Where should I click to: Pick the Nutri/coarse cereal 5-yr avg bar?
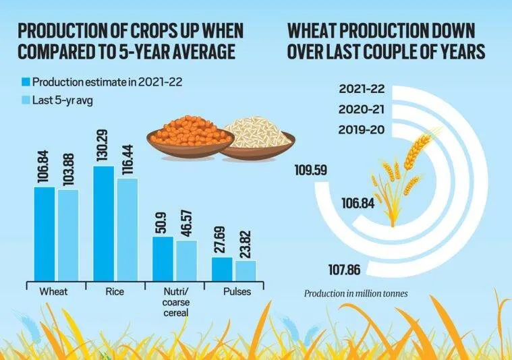pos(186,260)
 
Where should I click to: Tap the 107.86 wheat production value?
pos(343,270)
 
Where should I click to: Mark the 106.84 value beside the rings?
pos(358,202)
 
